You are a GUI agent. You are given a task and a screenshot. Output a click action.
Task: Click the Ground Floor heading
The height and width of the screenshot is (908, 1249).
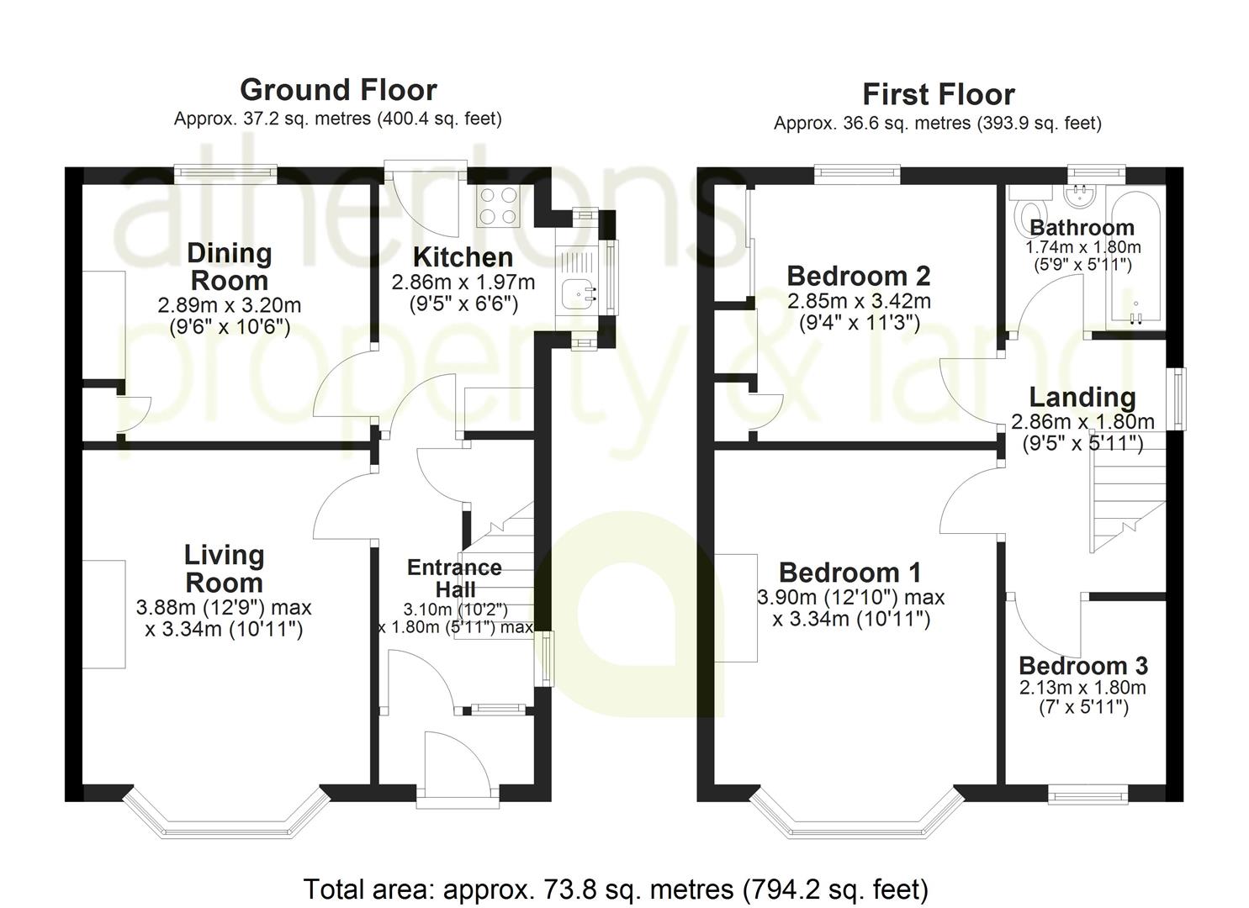click(338, 90)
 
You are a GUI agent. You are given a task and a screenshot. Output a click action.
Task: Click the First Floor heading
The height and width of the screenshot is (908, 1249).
click(939, 95)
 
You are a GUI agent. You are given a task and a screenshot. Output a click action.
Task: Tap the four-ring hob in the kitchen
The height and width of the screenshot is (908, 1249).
click(499, 206)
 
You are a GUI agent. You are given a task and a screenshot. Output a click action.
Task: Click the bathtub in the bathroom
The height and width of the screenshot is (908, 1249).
click(1135, 259)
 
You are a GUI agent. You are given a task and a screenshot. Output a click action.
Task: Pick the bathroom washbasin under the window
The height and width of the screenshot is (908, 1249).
click(1080, 195)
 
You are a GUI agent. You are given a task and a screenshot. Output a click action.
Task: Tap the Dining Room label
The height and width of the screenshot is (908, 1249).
click(229, 267)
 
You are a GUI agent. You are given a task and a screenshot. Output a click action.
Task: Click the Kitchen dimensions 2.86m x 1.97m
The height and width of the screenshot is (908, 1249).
click(463, 282)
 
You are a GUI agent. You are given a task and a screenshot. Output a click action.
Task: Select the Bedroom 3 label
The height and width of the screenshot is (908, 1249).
click(1083, 666)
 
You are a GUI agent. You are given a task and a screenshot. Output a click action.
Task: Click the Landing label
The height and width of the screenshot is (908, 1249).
click(1082, 398)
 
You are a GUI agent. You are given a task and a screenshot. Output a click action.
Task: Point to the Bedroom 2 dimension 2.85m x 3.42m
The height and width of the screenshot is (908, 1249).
click(860, 302)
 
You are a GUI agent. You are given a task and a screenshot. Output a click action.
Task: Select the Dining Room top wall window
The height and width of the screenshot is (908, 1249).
click(225, 175)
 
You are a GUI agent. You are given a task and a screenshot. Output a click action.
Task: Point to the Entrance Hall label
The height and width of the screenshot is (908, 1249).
click(454, 578)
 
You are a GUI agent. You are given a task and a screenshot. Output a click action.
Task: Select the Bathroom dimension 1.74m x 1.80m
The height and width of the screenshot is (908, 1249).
click(1083, 247)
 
